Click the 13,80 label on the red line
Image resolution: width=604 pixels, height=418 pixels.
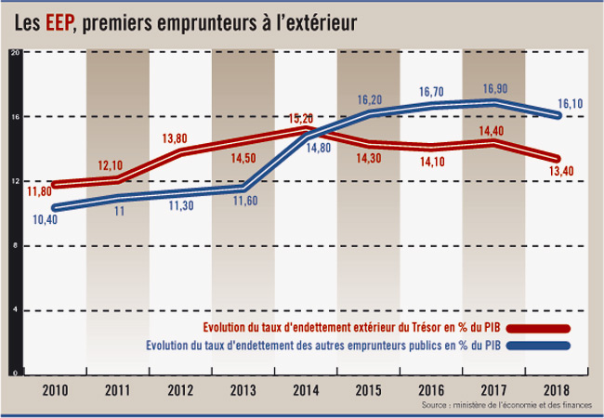[x=176, y=138]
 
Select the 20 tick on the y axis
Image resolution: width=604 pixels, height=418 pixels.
[x=14, y=53]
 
